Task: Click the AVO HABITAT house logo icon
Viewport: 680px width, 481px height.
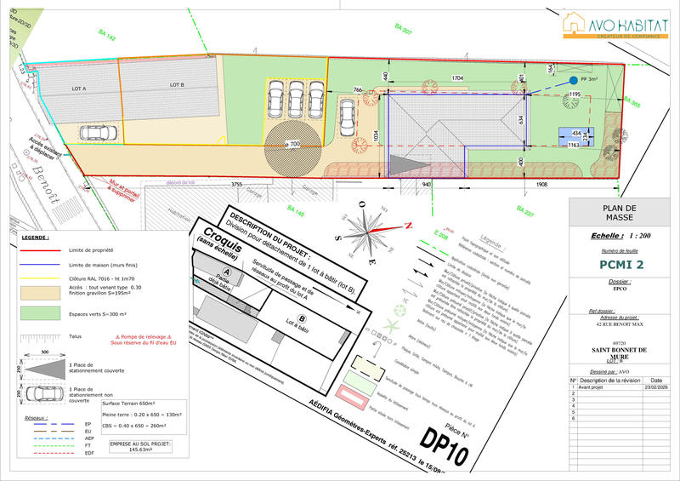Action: [575, 24]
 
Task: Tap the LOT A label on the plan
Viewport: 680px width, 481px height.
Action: [79, 88]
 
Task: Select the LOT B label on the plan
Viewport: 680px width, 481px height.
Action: [177, 84]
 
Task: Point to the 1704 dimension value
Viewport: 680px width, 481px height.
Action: [457, 78]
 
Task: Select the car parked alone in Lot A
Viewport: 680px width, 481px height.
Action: [100, 133]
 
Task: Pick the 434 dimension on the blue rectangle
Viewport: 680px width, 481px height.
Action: [576, 134]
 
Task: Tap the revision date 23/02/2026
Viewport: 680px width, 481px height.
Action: [655, 388]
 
